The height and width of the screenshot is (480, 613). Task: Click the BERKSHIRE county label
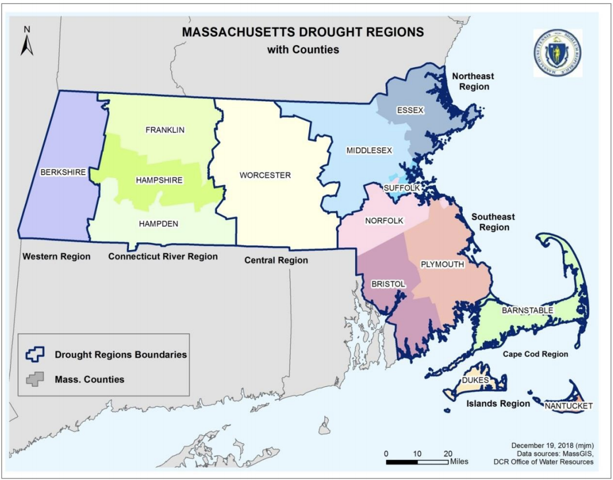coord(63,172)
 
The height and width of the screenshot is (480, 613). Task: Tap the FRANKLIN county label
coord(165,130)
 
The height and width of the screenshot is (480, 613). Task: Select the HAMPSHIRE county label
coord(159,180)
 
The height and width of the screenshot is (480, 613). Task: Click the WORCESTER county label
coord(265,175)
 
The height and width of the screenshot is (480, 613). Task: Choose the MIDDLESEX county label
coord(369,151)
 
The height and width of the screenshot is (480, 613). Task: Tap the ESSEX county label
coord(410,111)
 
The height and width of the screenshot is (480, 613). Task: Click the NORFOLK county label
coord(384,220)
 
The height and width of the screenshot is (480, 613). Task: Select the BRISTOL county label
coord(388,284)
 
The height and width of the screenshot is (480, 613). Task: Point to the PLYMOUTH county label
coord(442,264)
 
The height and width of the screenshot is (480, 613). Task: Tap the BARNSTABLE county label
coord(527,310)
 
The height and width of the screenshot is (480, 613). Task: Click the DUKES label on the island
coord(476,381)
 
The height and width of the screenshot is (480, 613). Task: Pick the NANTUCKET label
coord(569,406)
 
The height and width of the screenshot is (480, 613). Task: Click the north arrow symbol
coord(27,42)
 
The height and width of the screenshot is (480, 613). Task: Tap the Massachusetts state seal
coord(557,53)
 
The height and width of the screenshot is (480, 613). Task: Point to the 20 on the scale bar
coord(448,453)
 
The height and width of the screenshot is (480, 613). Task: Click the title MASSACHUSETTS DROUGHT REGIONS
coord(303,32)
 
